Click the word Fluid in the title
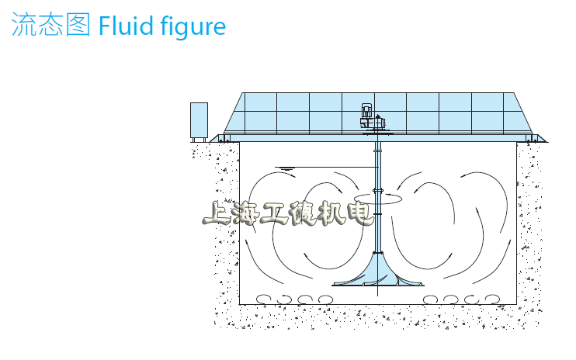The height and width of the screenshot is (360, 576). (x=126, y=26)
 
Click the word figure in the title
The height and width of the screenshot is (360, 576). (x=193, y=27)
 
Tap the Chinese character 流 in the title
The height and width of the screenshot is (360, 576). (x=24, y=24)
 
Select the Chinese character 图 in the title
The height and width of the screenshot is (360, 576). (x=78, y=24)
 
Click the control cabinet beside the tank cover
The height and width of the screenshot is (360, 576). (x=199, y=120)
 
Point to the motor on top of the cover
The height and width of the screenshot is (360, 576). (x=372, y=116)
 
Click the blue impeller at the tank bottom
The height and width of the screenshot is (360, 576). (x=377, y=269)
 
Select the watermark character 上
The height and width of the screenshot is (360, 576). (x=216, y=213)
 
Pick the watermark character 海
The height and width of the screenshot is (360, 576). (x=245, y=213)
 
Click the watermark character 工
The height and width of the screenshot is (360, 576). (x=274, y=213)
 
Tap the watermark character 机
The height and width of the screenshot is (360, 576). (x=331, y=213)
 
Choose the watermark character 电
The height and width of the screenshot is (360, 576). (x=360, y=213)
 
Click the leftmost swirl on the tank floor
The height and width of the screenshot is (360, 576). (x=263, y=299)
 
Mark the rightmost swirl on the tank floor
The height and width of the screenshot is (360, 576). (x=492, y=299)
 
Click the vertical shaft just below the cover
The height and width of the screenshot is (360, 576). (x=377, y=154)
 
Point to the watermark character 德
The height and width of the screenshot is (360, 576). (x=302, y=213)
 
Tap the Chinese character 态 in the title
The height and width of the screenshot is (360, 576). (x=50, y=24)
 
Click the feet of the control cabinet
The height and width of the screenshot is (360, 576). (x=199, y=140)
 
